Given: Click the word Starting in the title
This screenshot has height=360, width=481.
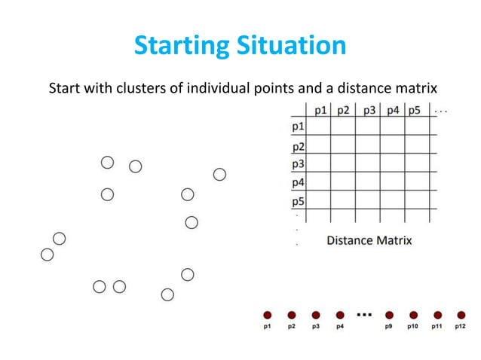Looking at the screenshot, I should pos(178,47).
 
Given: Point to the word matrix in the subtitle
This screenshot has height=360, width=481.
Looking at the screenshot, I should pos(415,89).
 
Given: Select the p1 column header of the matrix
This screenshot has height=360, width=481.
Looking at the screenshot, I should pos(320,111).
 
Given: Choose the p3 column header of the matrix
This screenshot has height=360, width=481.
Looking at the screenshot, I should pos(369,111).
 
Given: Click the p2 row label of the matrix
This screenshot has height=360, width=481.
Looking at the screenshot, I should pos(299,146).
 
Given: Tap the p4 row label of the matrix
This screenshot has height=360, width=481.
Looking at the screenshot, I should pos(299,182).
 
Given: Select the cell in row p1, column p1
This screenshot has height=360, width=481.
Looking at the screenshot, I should pos(320,127).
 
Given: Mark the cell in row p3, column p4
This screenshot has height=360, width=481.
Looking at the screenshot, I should pos(392,163).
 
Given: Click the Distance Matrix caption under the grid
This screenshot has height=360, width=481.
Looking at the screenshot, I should pos(369,240).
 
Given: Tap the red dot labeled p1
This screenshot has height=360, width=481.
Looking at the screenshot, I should pos(267,315).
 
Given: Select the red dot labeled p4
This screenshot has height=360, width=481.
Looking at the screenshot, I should pos(340,315).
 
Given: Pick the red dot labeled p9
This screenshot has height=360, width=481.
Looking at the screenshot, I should pos(389,315).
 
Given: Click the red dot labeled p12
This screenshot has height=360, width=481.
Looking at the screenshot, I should pos(461,315).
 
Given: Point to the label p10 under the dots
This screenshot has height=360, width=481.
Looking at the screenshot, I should pos(413,328).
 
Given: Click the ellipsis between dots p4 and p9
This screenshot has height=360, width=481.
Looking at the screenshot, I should pos(364,314).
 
